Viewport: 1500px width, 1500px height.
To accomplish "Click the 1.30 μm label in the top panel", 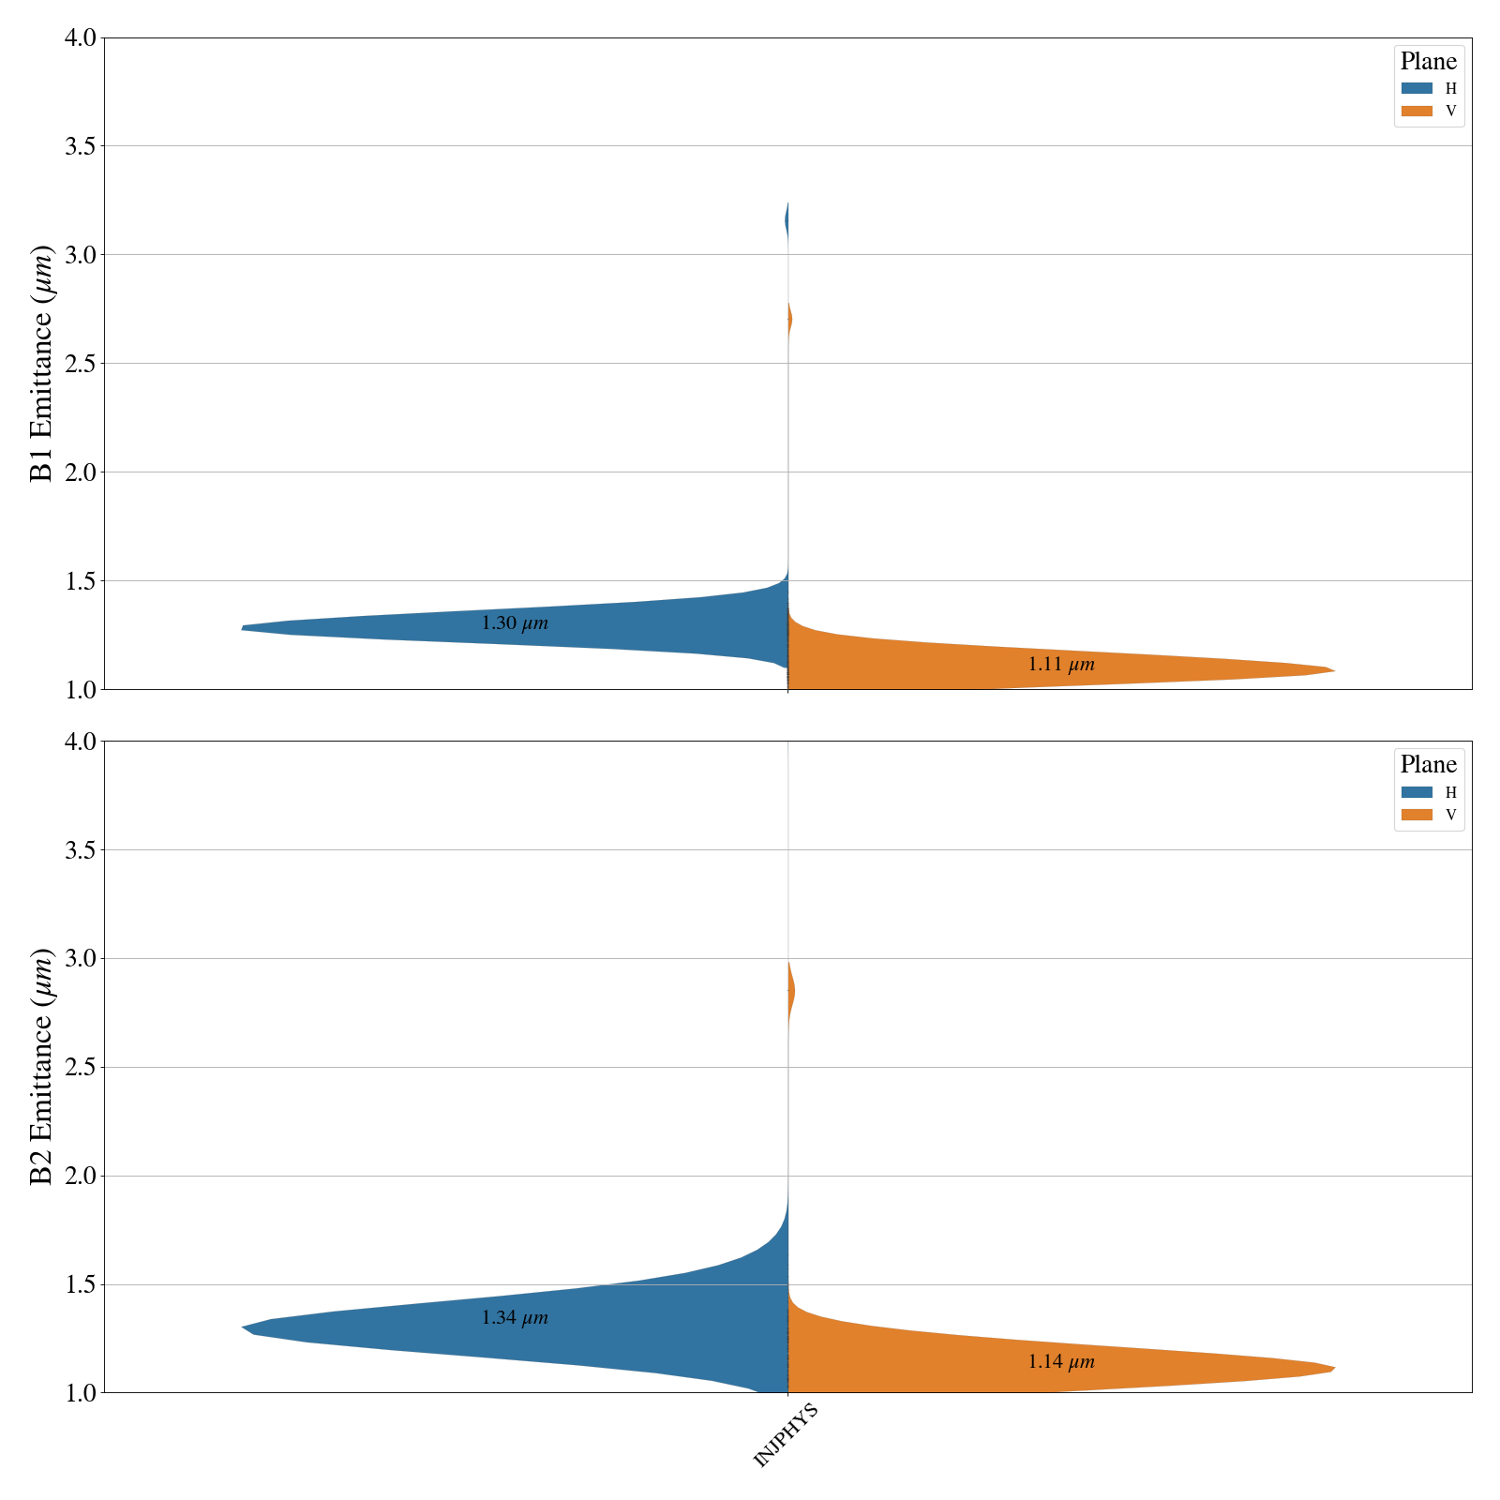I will [x=515, y=623].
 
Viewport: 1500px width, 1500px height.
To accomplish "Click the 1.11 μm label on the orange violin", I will [x=1061, y=665].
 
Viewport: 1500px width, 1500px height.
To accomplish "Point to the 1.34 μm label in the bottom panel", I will [x=515, y=1318].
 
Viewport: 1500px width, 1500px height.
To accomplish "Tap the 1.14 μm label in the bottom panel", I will [x=1061, y=1362].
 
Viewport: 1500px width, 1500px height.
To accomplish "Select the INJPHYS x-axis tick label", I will [x=786, y=1435].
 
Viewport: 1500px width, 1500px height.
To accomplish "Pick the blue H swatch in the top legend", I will [x=1417, y=89].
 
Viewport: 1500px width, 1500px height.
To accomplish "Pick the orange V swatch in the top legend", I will [x=1417, y=112].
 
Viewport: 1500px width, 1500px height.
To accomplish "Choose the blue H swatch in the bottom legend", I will [x=1417, y=792].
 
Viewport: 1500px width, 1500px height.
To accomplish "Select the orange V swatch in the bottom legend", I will [x=1417, y=815].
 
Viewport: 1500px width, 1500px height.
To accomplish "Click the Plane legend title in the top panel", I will [x=1428, y=62].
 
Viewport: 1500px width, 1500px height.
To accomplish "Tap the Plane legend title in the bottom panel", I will [x=1428, y=765].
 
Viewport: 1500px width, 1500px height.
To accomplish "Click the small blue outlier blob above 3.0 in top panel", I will [x=786, y=222].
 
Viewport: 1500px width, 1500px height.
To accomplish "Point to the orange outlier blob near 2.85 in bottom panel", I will [x=791, y=990].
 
